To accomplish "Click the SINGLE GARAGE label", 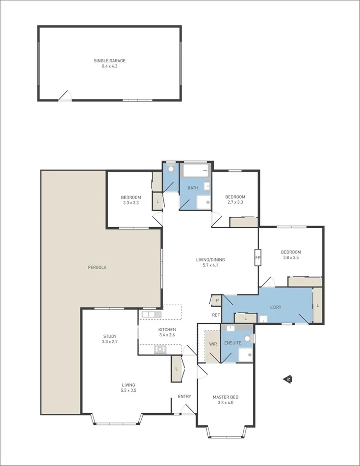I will point(110,61).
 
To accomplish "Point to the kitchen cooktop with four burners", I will point(160,349).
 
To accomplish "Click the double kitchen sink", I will point(151,315).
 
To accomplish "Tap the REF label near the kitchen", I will point(216,315).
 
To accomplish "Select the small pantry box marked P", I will point(217,300).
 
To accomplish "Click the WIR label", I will point(213,344).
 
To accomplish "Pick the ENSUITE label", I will point(233,343).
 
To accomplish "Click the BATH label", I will point(193,188).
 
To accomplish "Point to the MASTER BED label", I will point(225,397).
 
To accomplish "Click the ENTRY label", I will point(185,397).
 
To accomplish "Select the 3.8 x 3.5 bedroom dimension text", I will point(291,258).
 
